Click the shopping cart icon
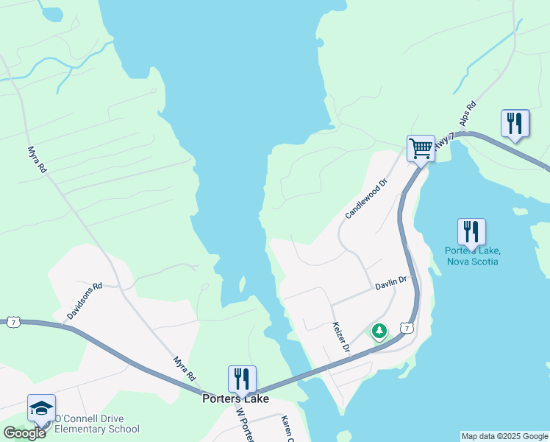[421, 149]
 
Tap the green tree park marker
[379, 331]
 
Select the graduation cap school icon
[41, 408]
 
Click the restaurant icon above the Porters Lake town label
[242, 379]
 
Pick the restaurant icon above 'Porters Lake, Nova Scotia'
[471, 232]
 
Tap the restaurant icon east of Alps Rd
[515, 123]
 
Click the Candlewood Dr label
[365, 199]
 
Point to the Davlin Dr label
[390, 284]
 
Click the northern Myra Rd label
[37, 160]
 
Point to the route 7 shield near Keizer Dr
[407, 327]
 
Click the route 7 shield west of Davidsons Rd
[12, 322]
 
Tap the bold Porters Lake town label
[235, 399]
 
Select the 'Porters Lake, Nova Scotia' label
[472, 256]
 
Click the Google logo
[24, 433]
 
